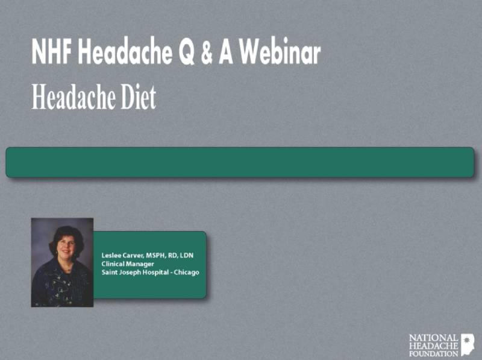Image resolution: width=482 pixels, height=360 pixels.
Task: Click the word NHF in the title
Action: [x=52, y=54]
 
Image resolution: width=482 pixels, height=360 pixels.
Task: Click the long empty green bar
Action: [x=240, y=162]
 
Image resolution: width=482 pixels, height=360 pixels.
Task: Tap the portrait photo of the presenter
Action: [x=62, y=262]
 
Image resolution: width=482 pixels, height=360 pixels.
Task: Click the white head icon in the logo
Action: [x=468, y=344]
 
